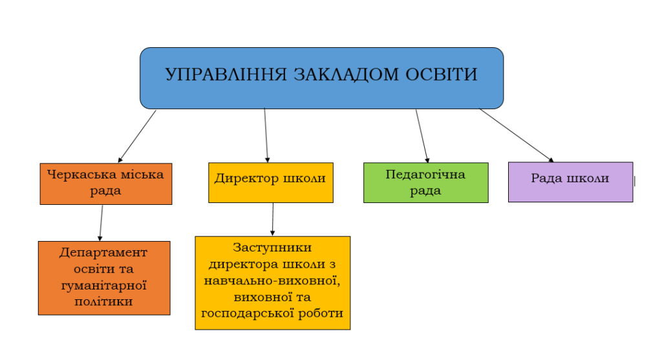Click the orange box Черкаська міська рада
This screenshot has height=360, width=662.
coord(106,184)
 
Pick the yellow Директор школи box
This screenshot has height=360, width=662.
coord(270,182)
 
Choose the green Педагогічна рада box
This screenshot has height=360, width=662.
coord(425,182)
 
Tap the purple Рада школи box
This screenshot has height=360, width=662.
coord(570,182)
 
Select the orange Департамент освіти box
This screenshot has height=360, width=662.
coord(104,277)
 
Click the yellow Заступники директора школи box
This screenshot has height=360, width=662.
coord(272,282)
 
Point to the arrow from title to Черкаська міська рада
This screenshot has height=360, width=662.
coord(137,136)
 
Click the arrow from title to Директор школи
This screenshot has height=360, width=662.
coord(266,135)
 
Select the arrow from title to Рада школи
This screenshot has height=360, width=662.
coord(516,134)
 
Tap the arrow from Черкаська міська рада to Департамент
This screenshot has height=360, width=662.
coord(101,223)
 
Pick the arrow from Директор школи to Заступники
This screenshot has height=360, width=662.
coord(272,220)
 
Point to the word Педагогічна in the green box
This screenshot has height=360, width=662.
coord(425,175)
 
